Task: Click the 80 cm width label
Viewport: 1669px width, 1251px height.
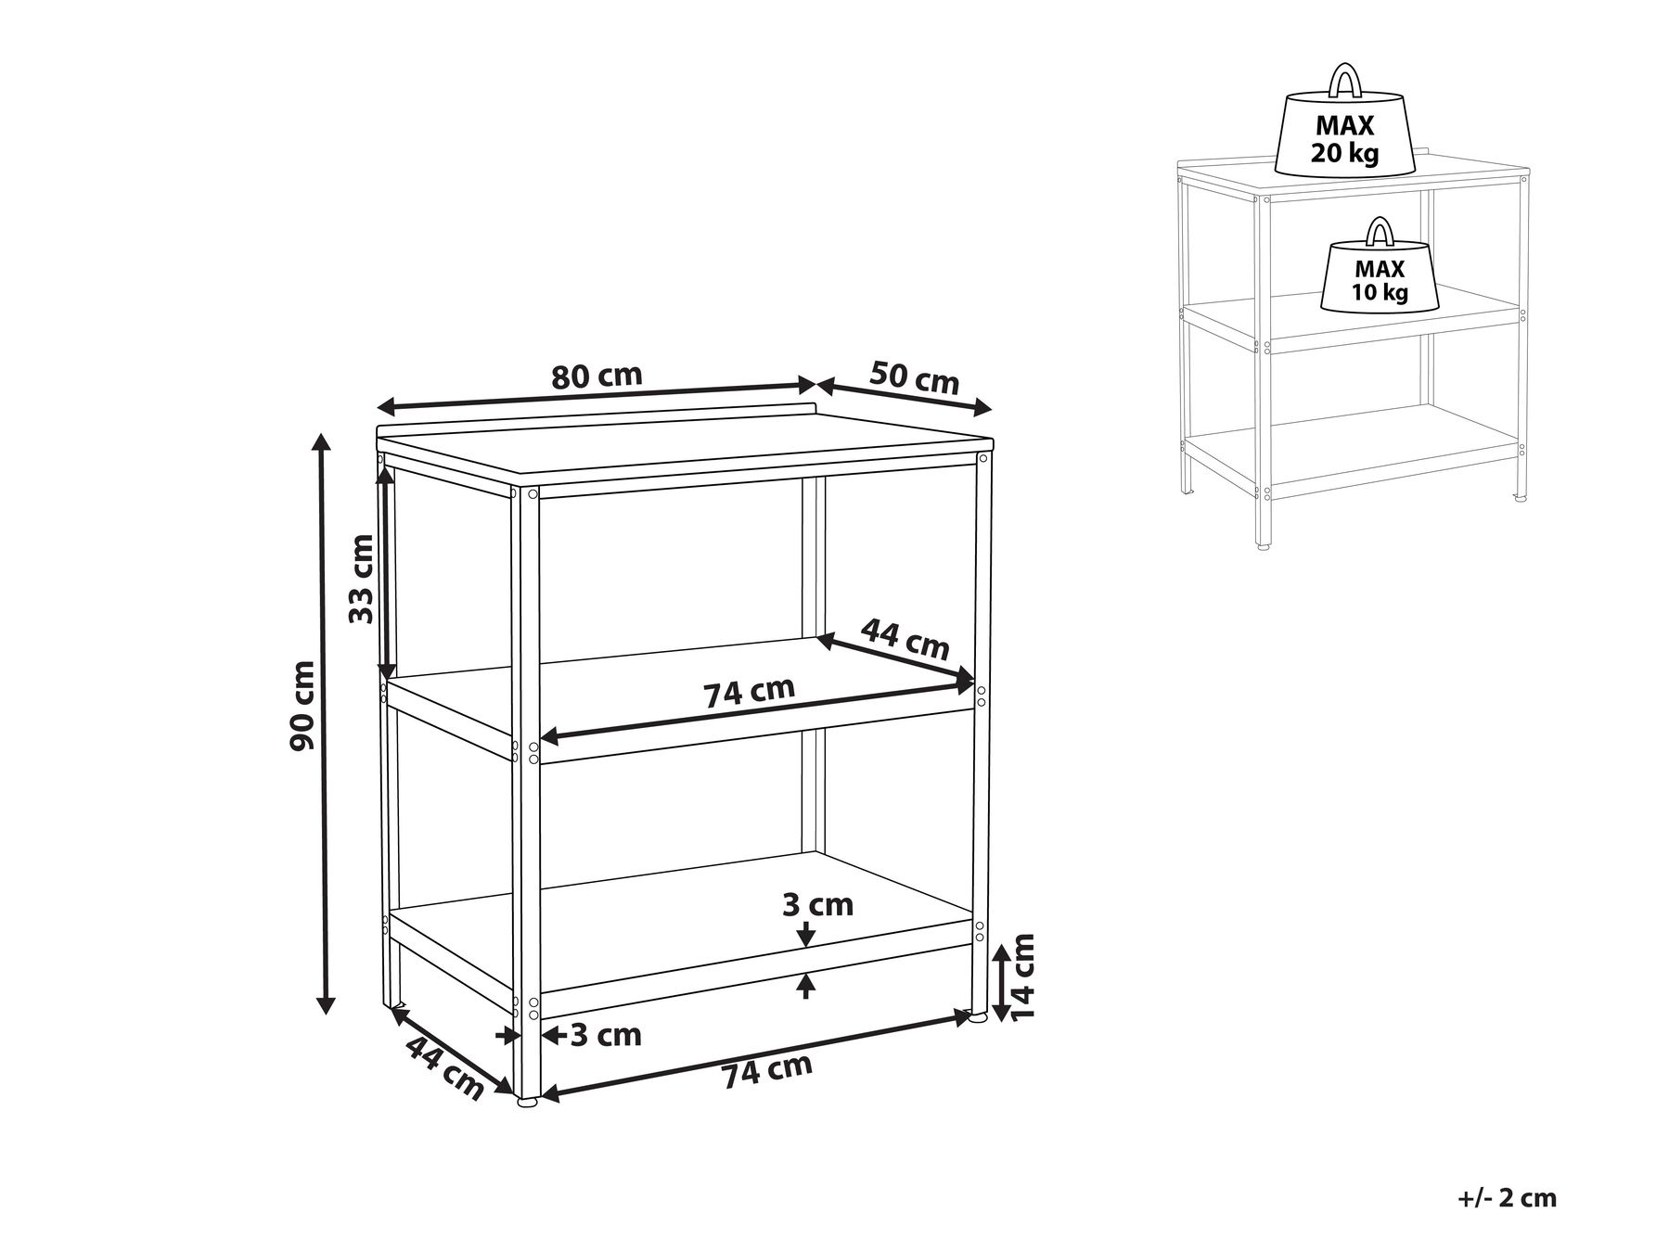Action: [x=597, y=377]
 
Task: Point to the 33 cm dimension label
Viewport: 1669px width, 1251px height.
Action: [x=362, y=579]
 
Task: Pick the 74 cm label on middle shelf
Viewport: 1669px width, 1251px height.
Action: [x=749, y=692]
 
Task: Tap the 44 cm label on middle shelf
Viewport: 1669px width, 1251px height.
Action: [x=905, y=639]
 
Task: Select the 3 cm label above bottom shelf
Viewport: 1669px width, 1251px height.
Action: [x=817, y=904]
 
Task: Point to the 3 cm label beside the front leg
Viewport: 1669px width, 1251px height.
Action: [x=606, y=1034]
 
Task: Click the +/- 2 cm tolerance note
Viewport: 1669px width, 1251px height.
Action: [x=1507, y=1197]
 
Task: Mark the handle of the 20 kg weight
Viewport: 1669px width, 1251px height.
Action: [x=1344, y=80]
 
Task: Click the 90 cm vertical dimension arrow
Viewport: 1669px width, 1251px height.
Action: [x=323, y=723]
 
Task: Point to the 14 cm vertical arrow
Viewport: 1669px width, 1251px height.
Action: [x=999, y=982]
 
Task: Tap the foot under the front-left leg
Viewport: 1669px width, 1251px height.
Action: [x=527, y=1103]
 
